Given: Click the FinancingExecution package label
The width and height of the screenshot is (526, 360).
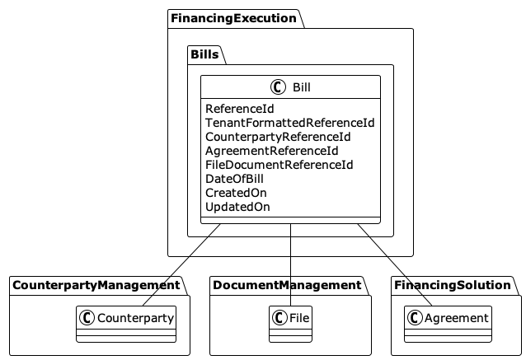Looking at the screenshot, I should click(234, 17).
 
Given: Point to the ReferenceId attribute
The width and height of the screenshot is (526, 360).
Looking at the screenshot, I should click(240, 108).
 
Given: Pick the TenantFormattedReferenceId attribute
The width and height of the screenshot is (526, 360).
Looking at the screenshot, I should click(289, 122).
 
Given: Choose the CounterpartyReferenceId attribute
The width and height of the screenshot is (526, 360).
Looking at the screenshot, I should click(278, 136).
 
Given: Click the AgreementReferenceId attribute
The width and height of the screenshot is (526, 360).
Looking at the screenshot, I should click(271, 151).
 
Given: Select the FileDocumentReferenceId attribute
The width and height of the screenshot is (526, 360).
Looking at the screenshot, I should click(279, 165).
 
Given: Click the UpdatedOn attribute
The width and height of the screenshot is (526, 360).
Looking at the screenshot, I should click(237, 207).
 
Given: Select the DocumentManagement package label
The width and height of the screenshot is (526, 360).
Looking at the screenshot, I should click(286, 285).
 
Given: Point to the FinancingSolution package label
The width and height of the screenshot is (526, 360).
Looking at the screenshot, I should click(452, 285).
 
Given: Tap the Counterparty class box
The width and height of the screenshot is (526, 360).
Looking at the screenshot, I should click(126, 322).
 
